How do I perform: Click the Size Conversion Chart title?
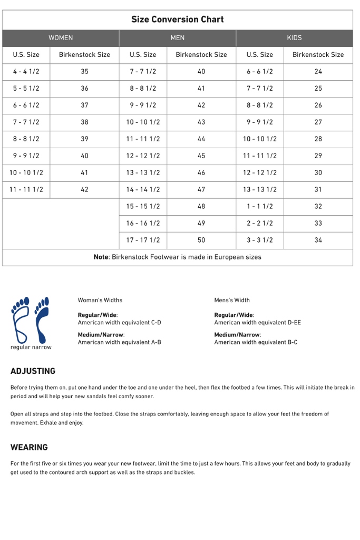coord(177,20)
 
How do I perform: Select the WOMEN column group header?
coord(61,38)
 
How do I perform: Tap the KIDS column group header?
coord(294,38)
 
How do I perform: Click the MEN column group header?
coord(178,38)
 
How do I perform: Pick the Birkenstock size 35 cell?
coord(84,72)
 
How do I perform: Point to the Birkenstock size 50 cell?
coord(201,240)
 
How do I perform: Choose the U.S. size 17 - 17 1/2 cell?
coord(143,240)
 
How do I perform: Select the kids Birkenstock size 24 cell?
coord(318,72)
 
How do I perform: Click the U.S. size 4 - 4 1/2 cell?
coord(26,72)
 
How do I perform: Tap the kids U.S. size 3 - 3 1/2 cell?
coord(260,240)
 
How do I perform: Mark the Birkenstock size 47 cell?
coord(201,190)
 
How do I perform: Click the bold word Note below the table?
coord(101,257)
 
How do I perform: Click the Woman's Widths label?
coord(100,300)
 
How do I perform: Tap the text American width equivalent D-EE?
coord(257,322)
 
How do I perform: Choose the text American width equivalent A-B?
coord(119,342)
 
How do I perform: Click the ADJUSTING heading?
coord(33,371)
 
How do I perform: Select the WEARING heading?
coord(29,447)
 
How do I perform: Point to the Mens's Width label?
coord(232,300)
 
